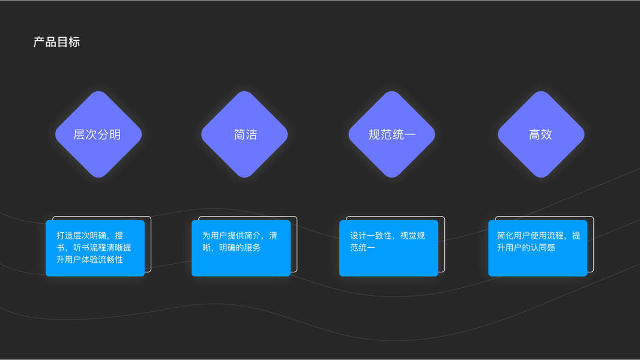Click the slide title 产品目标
pyautogui.click(x=56, y=42)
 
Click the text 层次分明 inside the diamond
pyautogui.click(x=97, y=134)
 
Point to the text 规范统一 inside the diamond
pyautogui.click(x=392, y=134)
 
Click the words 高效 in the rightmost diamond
pyautogui.click(x=540, y=134)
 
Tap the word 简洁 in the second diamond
pyautogui.click(x=245, y=134)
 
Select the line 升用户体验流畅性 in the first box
pyautogui.click(x=89, y=259)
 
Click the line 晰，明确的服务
pyautogui.click(x=231, y=247)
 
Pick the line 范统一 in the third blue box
pyautogui.click(x=363, y=247)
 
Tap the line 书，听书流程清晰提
pyautogui.click(x=94, y=247)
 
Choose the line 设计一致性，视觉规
pyautogui.click(x=387, y=235)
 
